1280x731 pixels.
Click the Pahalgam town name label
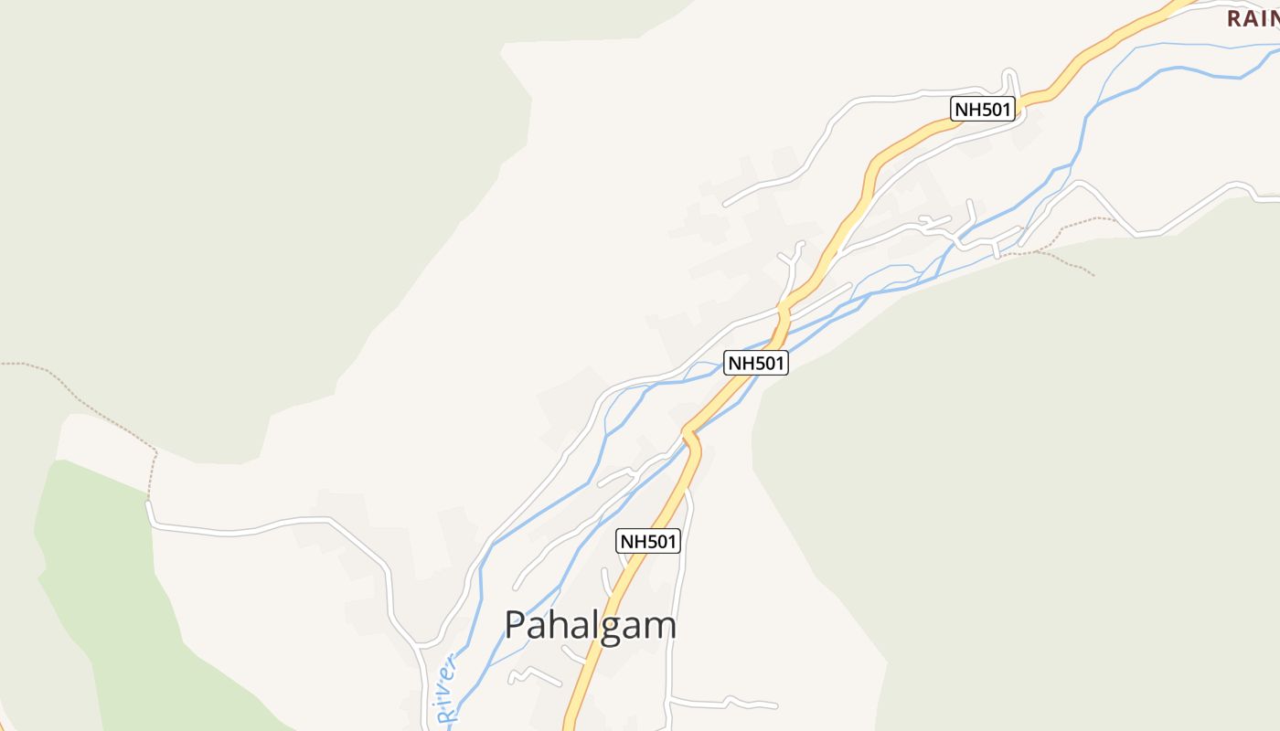[x=591, y=626]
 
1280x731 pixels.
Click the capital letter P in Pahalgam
[x=517, y=625]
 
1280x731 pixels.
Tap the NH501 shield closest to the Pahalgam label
[x=648, y=541]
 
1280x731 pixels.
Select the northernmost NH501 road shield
[x=984, y=110]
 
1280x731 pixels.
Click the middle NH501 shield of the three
[x=756, y=363]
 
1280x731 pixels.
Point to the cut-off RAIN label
[x=1253, y=17]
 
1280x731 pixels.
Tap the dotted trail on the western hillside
[x=82, y=393]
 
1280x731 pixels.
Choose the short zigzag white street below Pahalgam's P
[x=535, y=676]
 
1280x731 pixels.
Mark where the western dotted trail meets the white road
[x=149, y=502]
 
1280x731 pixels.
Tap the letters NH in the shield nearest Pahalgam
[x=633, y=541]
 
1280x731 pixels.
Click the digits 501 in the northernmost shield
[x=994, y=110]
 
